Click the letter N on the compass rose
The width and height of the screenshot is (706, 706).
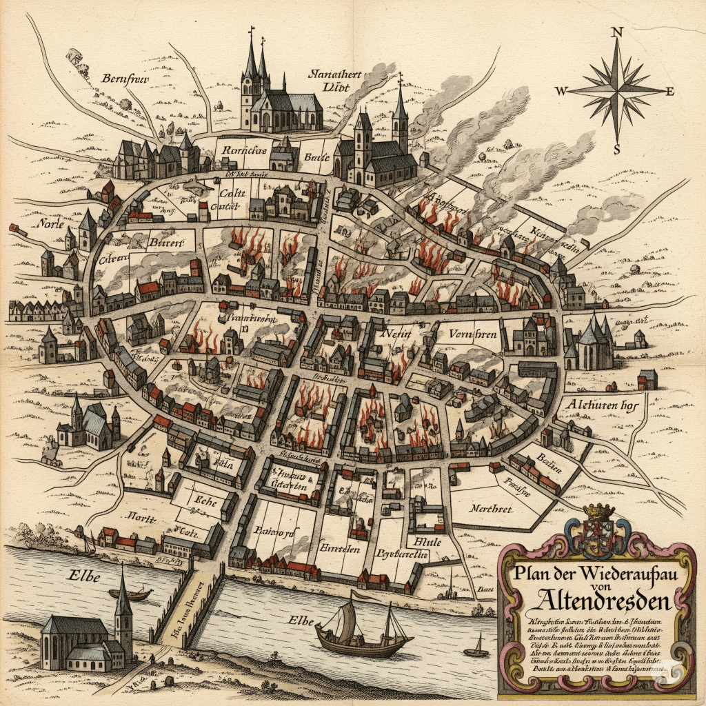click(618, 32)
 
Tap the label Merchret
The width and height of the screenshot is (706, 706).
click(492, 509)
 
